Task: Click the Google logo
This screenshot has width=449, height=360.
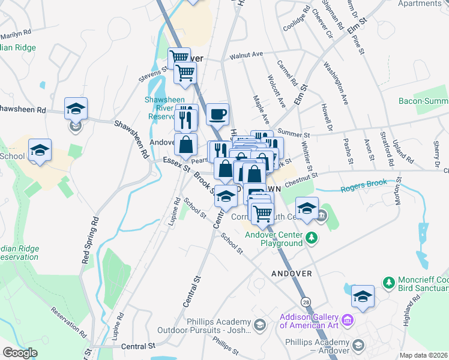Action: [20, 353]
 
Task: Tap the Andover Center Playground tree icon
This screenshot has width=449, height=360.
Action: [311, 238]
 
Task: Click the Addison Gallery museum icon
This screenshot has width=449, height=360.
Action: [347, 323]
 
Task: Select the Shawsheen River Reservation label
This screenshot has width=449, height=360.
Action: [160, 107]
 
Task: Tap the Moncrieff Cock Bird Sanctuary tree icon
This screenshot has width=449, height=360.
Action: [388, 282]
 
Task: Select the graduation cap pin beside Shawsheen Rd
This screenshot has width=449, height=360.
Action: [76, 109]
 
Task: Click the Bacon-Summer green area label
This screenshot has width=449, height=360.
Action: [423, 101]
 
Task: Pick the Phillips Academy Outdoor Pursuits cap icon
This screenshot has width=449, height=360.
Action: [259, 325]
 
